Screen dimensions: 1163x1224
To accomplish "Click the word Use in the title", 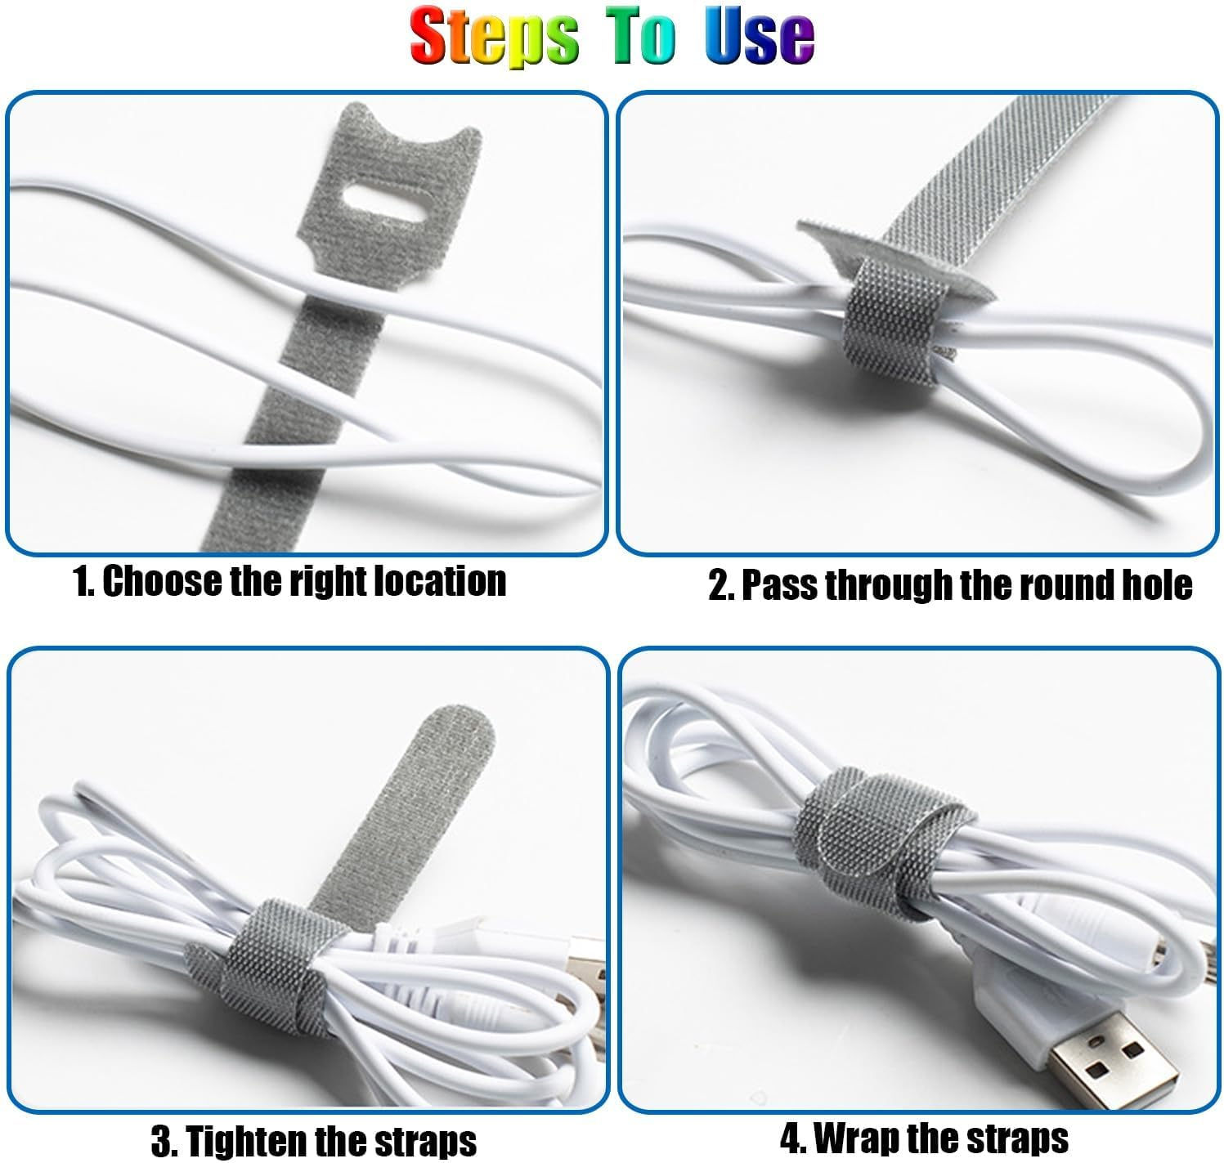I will click(760, 37).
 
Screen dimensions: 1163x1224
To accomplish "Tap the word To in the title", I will click(644, 37).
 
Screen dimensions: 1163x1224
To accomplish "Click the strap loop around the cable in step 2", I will click(887, 328).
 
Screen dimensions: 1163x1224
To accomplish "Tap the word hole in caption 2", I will click(1155, 585).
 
